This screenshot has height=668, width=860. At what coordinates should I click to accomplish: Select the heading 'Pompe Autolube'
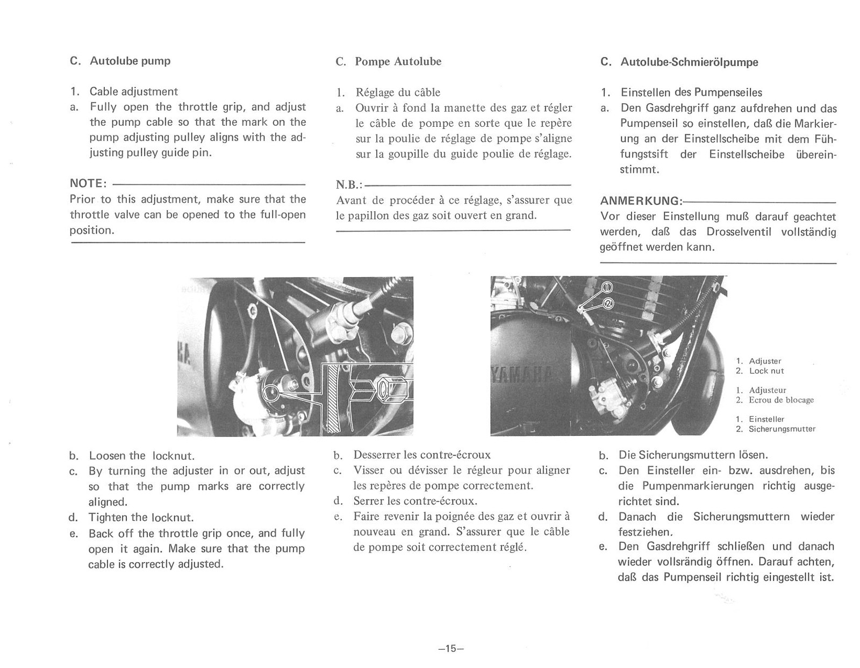point(398,61)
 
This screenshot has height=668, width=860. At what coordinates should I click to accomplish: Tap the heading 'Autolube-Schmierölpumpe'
point(689,62)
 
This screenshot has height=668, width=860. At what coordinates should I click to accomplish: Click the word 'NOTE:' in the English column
point(88,183)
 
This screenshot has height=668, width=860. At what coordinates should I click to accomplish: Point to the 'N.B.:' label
point(349,185)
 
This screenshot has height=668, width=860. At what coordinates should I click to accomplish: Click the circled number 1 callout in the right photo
point(607,286)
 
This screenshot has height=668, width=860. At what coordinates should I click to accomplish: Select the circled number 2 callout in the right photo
point(608,304)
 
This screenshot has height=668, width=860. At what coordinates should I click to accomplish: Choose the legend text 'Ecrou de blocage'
point(781,400)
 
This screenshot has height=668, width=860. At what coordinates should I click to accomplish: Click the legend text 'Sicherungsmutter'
point(782,429)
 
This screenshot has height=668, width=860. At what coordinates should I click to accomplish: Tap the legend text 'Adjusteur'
point(767,390)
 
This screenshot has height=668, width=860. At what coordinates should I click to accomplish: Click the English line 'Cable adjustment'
point(133,91)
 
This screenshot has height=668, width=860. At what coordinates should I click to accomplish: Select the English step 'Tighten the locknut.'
point(141,518)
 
